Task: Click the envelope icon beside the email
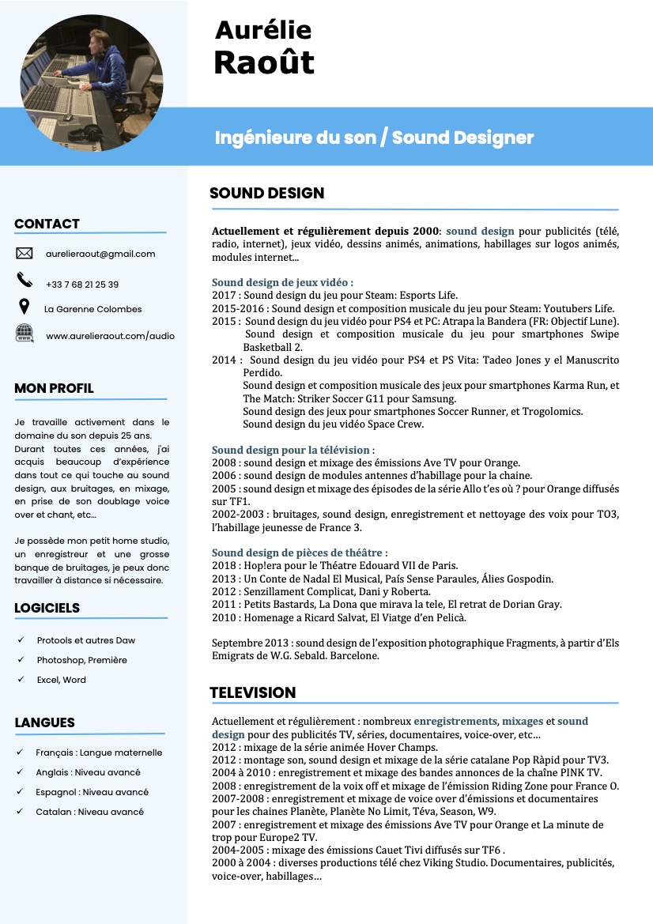click(x=25, y=254)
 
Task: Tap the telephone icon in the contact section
click(x=25, y=280)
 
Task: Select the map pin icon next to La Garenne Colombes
click(x=25, y=307)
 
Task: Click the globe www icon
click(x=25, y=333)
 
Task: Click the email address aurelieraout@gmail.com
click(x=100, y=254)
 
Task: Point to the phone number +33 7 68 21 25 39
click(x=82, y=284)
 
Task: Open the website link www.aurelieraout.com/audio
click(x=110, y=336)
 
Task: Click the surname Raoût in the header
click(x=264, y=62)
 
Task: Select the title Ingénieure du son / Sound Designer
click(x=374, y=138)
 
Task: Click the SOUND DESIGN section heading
click(x=266, y=194)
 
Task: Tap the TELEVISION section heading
click(x=252, y=693)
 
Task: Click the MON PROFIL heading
click(x=54, y=388)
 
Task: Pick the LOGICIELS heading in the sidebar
click(x=47, y=608)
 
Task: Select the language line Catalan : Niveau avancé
click(x=89, y=812)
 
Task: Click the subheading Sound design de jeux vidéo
click(x=282, y=282)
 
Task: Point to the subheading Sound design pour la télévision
click(x=293, y=450)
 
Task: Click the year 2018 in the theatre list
click(x=224, y=566)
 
